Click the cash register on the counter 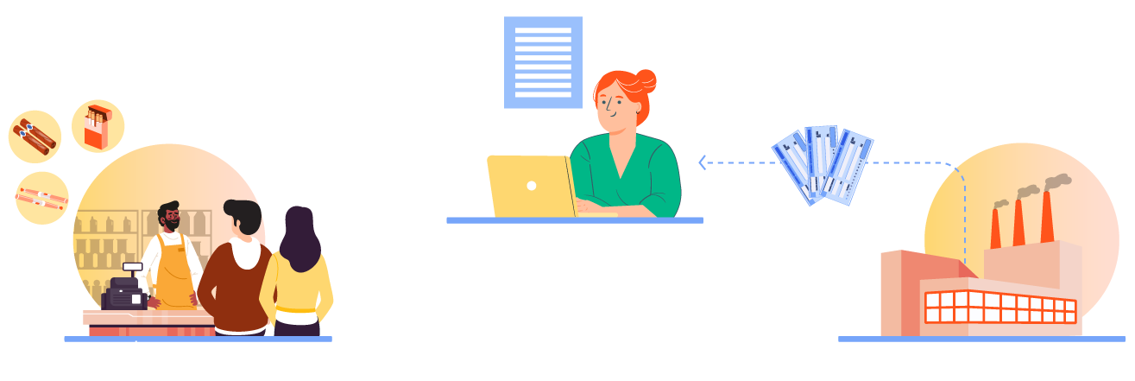[x=124, y=290]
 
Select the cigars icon [x=35, y=138]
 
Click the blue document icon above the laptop [x=543, y=64]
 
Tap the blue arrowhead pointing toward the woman [x=703, y=162]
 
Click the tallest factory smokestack [x=1047, y=214]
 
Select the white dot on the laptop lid [x=532, y=185]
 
